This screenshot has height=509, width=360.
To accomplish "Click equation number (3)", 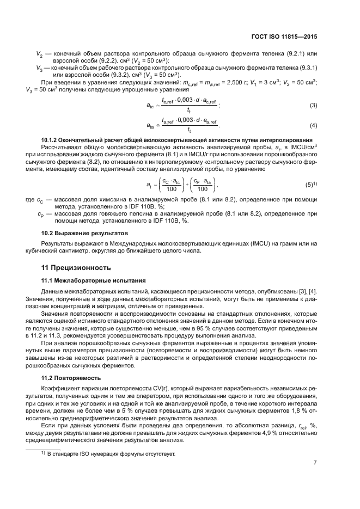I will tap(313, 105).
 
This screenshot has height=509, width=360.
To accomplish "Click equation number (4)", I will tap(313, 126).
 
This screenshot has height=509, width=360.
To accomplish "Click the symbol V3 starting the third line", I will tap(39, 68).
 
